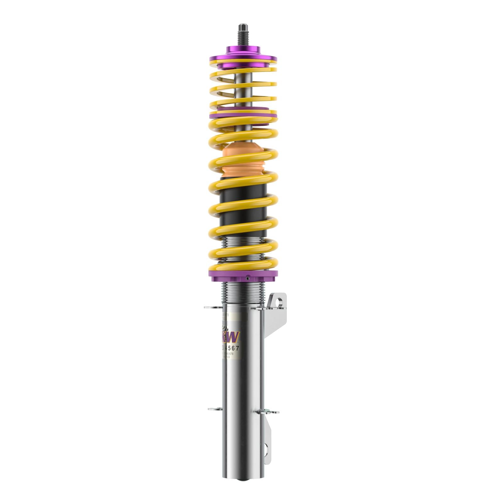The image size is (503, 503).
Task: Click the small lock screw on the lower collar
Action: [x=248, y=278]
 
